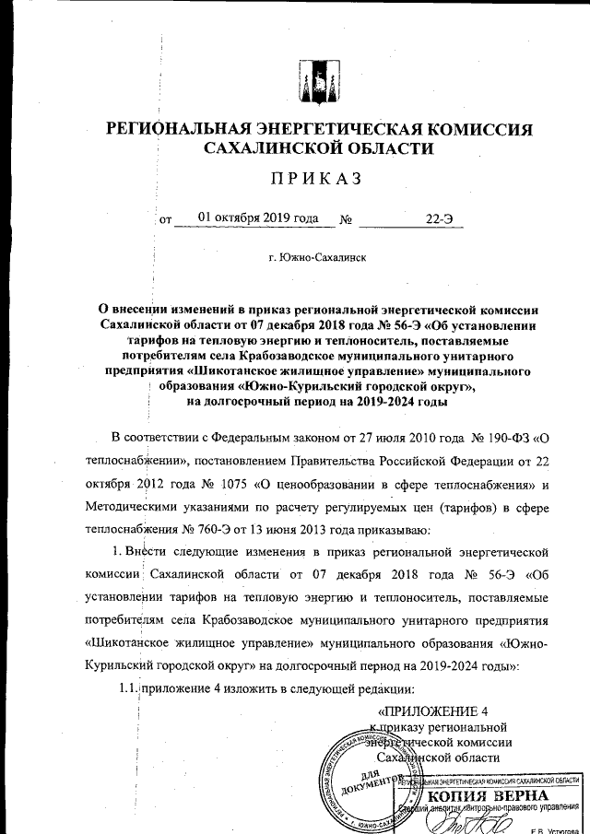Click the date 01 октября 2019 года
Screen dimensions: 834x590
[x=251, y=218]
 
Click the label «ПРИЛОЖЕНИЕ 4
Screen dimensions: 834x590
[x=432, y=711]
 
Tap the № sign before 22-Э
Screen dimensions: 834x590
[x=347, y=219]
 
